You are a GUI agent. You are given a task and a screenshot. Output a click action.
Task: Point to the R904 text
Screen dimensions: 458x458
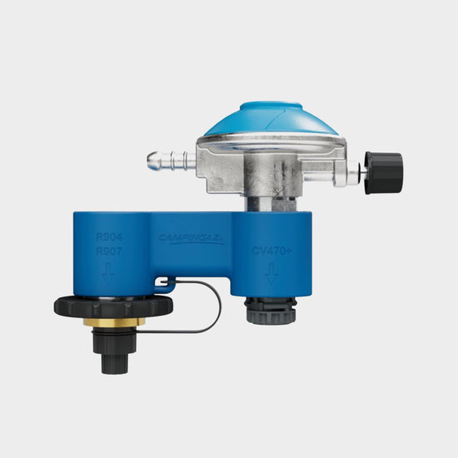(109, 236)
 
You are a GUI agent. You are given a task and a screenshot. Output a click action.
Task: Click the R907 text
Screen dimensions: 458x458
(109, 251)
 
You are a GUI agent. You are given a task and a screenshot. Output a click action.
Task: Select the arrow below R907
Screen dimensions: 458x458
(108, 271)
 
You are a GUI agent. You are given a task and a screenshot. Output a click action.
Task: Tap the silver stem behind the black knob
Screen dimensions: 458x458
(356, 173)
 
